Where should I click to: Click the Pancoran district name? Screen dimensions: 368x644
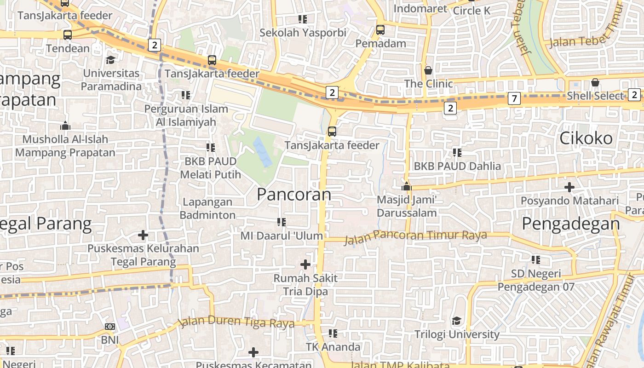[294, 194]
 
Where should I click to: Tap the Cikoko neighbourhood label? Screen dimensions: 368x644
[586, 138]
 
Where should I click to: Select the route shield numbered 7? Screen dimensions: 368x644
[514, 98]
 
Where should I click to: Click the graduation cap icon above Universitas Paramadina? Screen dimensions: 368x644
[110, 60]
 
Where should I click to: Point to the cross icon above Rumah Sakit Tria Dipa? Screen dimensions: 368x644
[305, 264]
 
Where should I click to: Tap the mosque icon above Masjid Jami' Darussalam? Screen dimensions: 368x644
[406, 186]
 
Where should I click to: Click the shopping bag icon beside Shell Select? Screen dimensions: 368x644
[595, 82]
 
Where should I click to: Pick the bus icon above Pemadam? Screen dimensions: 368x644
[380, 30]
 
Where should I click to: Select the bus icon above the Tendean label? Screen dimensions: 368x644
[68, 34]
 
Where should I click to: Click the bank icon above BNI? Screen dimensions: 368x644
[110, 326]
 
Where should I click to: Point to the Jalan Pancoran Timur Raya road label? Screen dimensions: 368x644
[415, 236]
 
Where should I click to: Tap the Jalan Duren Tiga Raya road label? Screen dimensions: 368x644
[236, 322]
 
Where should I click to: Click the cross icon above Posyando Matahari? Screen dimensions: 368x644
[569, 187]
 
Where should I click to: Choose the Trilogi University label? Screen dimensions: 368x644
[457, 334]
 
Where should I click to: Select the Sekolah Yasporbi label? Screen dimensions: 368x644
[303, 33]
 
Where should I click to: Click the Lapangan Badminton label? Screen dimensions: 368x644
[207, 208]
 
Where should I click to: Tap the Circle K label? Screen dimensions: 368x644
[471, 10]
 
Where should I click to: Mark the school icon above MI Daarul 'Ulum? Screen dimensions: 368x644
[282, 222]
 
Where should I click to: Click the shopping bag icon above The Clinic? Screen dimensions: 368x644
[428, 70]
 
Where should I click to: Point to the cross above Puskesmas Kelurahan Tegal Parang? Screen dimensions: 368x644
[143, 235]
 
